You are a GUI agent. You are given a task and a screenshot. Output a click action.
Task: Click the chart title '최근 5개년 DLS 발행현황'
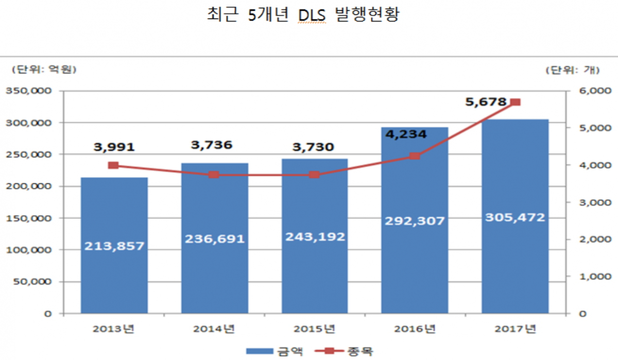(x=303, y=15)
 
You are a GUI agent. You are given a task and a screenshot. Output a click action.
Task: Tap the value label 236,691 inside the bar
(x=214, y=239)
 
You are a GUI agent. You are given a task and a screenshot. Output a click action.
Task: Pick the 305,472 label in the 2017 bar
(x=515, y=218)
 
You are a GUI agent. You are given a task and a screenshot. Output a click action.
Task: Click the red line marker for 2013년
(x=114, y=165)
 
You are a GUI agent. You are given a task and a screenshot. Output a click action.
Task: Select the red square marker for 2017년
(x=515, y=102)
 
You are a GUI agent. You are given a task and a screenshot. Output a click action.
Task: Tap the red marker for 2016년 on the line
(x=415, y=156)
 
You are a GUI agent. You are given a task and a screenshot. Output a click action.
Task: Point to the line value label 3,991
(x=114, y=147)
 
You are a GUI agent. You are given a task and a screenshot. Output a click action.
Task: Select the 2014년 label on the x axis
(x=214, y=328)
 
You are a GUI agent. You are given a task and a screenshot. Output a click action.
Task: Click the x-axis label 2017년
(x=515, y=328)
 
